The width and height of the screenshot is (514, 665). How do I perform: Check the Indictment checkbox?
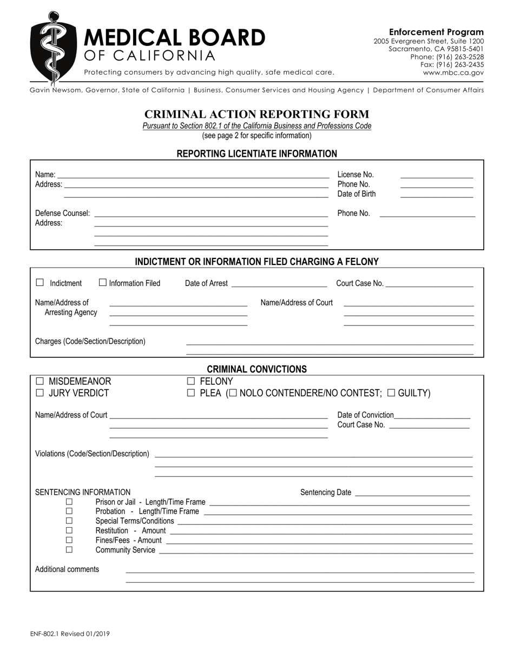point(39,283)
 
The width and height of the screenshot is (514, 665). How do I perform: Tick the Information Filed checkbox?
point(103,283)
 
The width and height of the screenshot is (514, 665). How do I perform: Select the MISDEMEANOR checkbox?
point(39,382)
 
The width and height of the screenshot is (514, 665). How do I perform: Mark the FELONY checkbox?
point(190,382)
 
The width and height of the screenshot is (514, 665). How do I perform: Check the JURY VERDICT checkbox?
point(39,394)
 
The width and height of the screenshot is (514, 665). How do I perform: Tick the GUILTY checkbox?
point(392,393)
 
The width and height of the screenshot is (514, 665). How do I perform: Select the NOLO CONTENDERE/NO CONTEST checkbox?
point(233,393)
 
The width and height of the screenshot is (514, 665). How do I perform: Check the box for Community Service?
point(69,550)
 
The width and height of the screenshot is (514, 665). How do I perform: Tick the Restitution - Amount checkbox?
point(69,530)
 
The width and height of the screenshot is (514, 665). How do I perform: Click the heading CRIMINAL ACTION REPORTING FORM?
point(256,114)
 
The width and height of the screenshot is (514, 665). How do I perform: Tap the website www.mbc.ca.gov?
point(453,72)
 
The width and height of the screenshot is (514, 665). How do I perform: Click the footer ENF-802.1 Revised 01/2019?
point(70,634)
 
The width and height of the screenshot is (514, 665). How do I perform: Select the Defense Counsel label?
point(62,214)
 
